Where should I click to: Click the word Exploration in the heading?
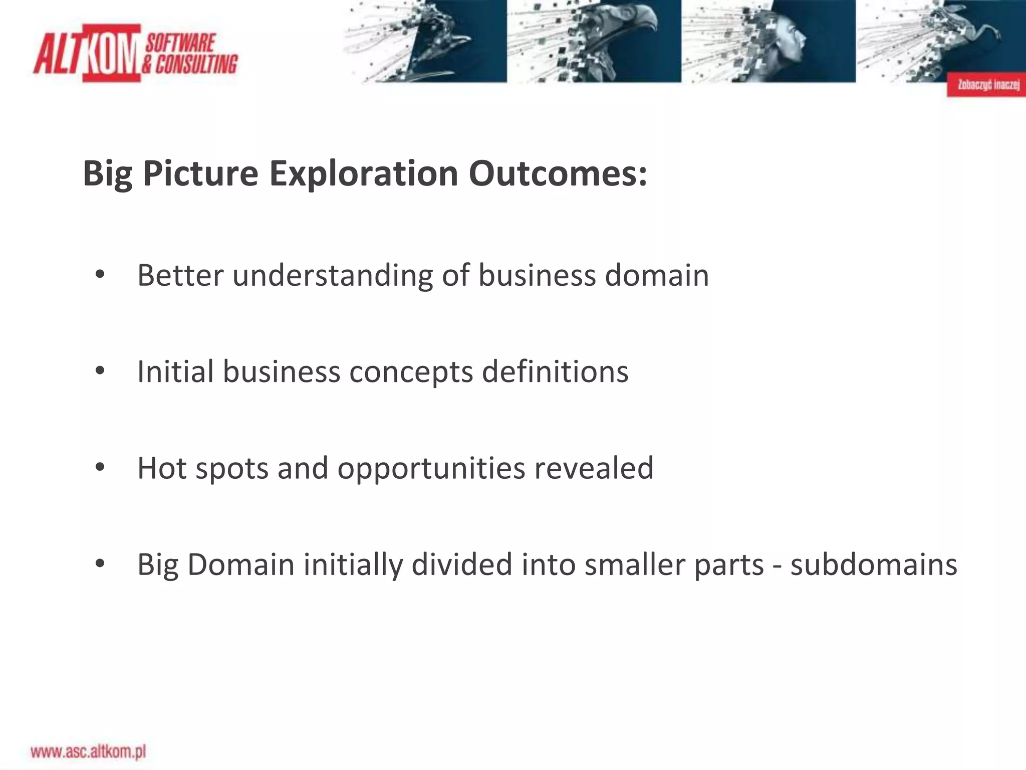click(x=363, y=174)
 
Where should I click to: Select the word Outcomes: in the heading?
click(x=558, y=174)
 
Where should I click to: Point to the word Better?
click(x=180, y=275)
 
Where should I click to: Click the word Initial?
click(x=176, y=371)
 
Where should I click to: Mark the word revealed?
click(x=594, y=468)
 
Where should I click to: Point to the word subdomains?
click(x=874, y=564)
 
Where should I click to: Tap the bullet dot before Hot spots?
click(x=100, y=467)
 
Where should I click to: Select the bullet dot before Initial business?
click(x=100, y=371)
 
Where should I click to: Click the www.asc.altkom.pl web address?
click(x=88, y=751)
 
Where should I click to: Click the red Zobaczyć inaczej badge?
click(x=985, y=84)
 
